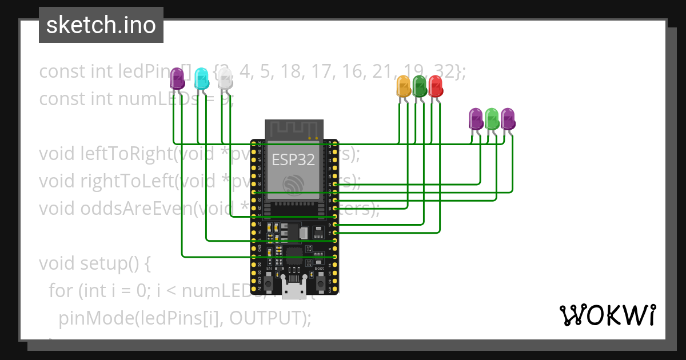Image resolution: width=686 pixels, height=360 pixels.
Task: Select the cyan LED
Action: (x=201, y=78)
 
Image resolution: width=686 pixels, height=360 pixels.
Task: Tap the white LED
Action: (x=225, y=78)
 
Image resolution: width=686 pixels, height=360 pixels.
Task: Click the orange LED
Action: (x=404, y=86)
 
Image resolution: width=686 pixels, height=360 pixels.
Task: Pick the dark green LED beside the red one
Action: (x=420, y=86)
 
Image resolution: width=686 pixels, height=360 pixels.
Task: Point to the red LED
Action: (x=436, y=86)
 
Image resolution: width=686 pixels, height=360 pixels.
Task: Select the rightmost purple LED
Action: (x=508, y=118)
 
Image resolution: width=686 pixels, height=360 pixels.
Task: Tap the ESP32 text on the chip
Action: (x=293, y=159)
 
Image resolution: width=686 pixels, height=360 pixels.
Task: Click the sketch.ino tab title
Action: (x=101, y=25)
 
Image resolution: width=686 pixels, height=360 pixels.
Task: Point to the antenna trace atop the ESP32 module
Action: (x=294, y=129)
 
